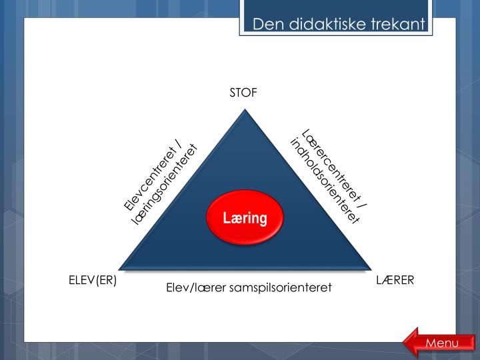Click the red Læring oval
pyautogui.click(x=245, y=218)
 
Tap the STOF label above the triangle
pyautogui.click(x=243, y=93)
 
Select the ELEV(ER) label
pyautogui.click(x=93, y=281)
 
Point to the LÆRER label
pyautogui.click(x=395, y=281)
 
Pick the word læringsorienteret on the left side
pyautogui.click(x=165, y=185)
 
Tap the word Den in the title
pyautogui.click(x=266, y=25)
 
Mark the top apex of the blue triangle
pyautogui.click(x=246, y=111)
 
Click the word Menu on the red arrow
pyautogui.click(x=442, y=343)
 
